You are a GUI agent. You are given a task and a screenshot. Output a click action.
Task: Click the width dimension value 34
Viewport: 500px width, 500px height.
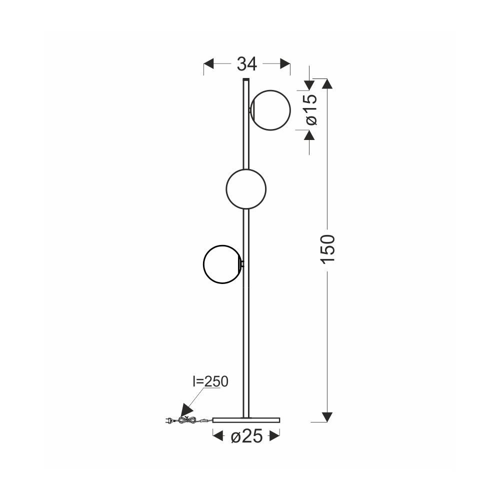click(247, 64)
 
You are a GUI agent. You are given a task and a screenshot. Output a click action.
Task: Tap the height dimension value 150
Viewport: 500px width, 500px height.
click(328, 249)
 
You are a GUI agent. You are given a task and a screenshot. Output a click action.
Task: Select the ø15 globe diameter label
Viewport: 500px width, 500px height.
click(311, 109)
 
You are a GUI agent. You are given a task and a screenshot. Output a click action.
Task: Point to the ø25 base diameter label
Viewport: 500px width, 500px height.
click(246, 436)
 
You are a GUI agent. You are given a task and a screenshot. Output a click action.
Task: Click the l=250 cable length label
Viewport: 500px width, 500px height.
click(210, 381)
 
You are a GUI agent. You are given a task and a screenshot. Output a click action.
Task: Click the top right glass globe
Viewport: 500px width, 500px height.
click(270, 110)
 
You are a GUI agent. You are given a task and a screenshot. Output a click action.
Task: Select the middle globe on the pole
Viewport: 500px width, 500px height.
click(246, 189)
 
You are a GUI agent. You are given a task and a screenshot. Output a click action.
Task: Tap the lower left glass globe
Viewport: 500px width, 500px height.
click(222, 264)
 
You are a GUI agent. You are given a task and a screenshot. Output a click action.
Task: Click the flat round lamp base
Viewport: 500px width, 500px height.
click(246, 419)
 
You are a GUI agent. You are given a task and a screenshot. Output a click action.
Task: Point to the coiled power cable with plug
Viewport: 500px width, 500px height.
click(188, 420)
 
